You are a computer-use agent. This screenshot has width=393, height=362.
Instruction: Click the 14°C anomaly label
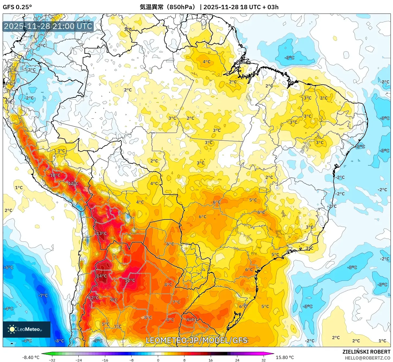(102, 276)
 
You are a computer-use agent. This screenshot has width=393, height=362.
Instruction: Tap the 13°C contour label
(102, 233)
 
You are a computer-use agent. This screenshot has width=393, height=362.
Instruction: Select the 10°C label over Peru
(55, 175)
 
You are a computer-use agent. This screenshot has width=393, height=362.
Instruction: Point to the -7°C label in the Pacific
(43, 295)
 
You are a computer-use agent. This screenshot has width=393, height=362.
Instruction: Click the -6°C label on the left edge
(8, 267)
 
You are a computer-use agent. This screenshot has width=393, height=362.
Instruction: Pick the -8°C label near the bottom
(59, 341)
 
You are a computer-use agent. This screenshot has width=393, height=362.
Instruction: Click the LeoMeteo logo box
(27, 329)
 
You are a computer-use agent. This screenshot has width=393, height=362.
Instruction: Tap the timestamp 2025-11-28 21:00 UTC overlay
(48, 26)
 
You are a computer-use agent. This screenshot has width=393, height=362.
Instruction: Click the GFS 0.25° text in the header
(17, 7)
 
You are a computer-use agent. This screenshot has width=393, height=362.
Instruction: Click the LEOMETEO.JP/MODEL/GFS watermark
(197, 340)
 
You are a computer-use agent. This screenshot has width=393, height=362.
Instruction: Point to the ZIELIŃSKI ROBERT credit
(366, 352)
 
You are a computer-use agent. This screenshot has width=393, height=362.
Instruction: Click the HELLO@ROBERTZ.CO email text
(368, 358)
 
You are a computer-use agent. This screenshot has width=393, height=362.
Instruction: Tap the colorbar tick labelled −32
(52, 360)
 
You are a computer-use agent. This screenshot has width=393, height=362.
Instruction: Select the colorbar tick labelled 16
(210, 360)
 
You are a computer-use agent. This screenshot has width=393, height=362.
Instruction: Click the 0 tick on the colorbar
(158, 360)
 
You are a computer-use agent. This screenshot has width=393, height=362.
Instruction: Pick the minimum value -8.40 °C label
(31, 357)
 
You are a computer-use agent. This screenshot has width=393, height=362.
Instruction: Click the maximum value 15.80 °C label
(285, 357)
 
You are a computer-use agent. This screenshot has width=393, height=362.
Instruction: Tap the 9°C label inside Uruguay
(190, 320)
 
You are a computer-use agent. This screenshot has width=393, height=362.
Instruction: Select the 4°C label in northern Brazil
(206, 62)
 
